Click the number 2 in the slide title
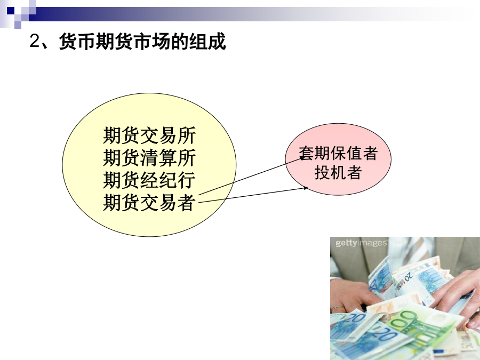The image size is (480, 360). pyautogui.click(x=35, y=41)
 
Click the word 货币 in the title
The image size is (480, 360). pyautogui.click(x=77, y=41)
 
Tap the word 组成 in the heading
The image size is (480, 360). pyautogui.click(x=207, y=41)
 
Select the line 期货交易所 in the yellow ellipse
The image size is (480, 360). pyautogui.click(x=149, y=135)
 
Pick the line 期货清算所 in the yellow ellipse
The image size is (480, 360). pyautogui.click(x=149, y=158)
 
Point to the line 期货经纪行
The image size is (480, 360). pyautogui.click(x=149, y=180)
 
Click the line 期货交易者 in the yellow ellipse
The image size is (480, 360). pyautogui.click(x=149, y=202)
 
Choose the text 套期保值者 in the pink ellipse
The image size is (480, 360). pyautogui.click(x=338, y=154)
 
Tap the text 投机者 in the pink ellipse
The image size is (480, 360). pyautogui.click(x=338, y=172)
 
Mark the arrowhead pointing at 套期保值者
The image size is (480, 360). pyautogui.click(x=301, y=158)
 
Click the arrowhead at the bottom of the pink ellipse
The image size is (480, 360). pyautogui.click(x=305, y=188)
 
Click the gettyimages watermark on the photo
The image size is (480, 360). pyautogui.click(x=361, y=243)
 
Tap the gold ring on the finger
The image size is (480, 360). pyautogui.click(x=337, y=309)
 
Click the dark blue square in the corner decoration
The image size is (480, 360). pyautogui.click(x=11, y=11)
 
